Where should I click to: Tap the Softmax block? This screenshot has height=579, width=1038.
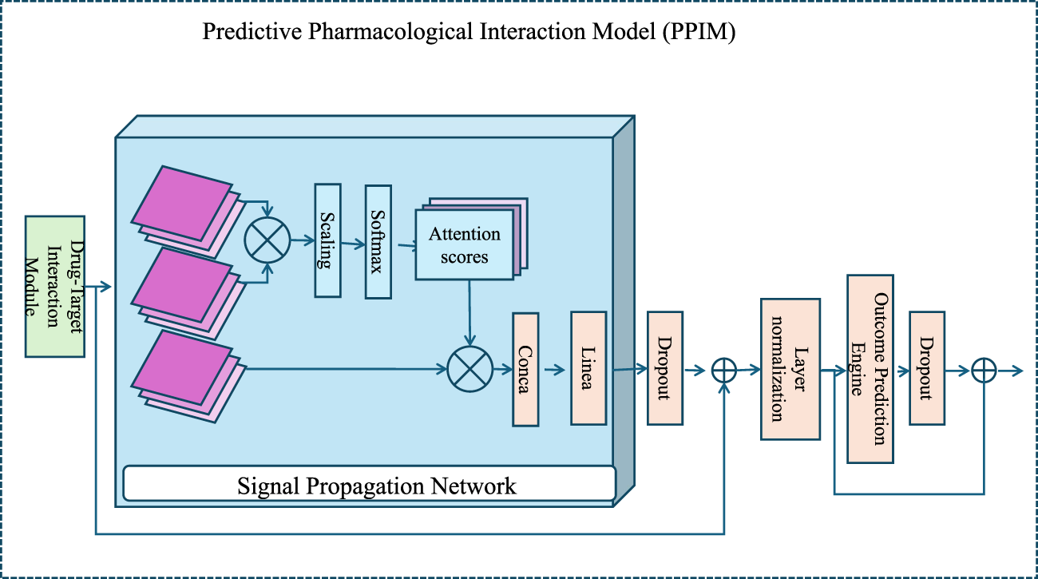click(x=378, y=242)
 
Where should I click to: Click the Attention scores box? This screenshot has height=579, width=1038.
click(x=464, y=244)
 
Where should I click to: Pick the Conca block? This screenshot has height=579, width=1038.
click(x=525, y=368)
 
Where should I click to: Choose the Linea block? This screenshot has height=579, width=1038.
click(x=588, y=368)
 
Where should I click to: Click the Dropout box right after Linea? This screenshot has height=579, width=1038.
click(x=664, y=368)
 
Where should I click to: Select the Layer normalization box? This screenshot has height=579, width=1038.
click(x=790, y=370)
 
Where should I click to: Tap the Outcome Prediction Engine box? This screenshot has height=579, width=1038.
click(x=870, y=369)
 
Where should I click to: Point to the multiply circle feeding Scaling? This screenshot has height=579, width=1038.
click(x=267, y=239)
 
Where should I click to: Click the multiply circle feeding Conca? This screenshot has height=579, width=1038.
click(x=471, y=370)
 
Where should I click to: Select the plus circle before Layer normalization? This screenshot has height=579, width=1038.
click(x=723, y=370)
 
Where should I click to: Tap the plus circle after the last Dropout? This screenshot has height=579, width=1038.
click(x=984, y=370)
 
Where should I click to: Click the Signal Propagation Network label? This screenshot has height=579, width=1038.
click(x=377, y=486)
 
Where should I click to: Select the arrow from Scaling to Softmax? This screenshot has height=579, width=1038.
click(x=353, y=238)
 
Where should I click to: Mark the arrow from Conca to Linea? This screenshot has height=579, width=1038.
click(x=554, y=370)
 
